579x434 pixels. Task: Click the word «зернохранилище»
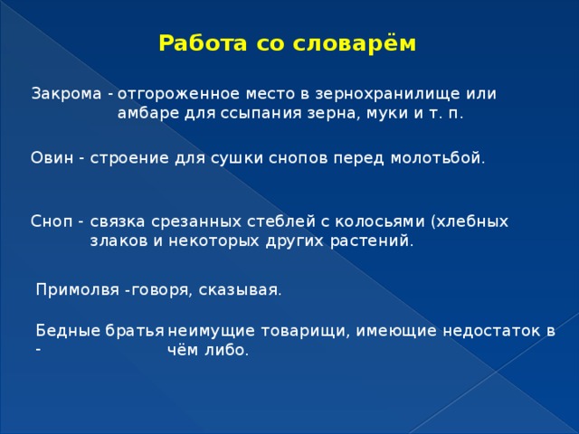pyautogui.click(x=394, y=94)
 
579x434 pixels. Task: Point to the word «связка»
pyautogui.click(x=117, y=222)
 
